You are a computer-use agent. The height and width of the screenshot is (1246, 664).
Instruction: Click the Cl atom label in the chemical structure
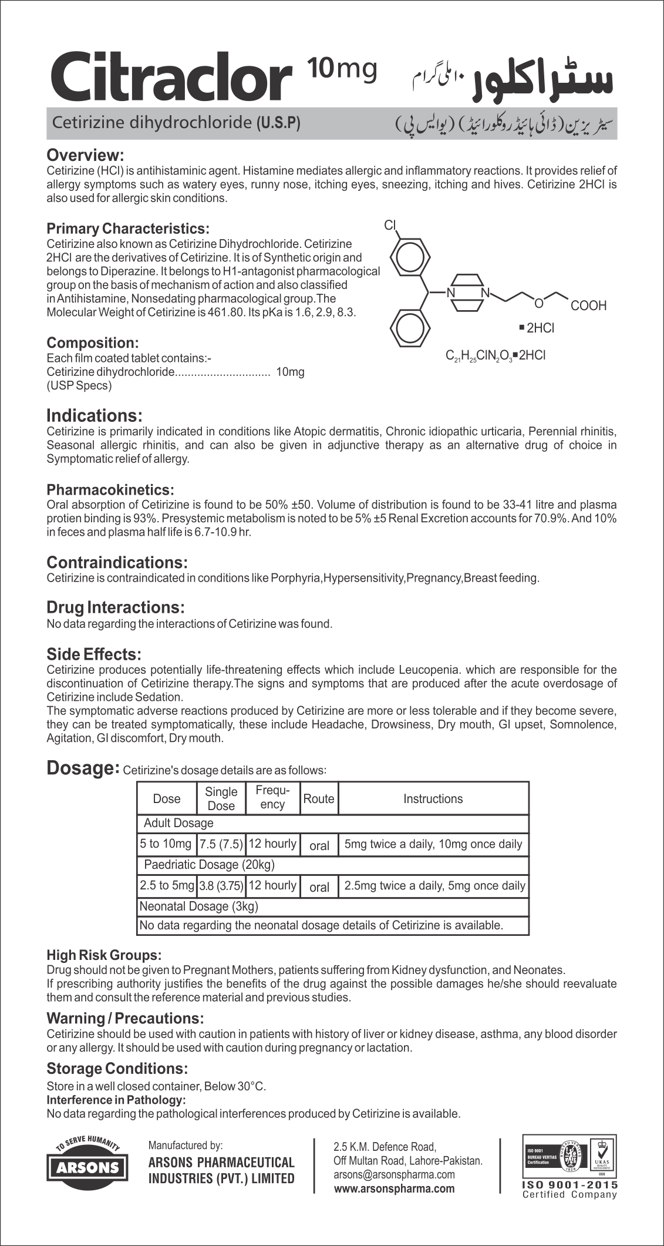click(x=391, y=224)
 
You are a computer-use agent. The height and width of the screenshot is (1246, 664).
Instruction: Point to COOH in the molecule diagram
click(x=588, y=306)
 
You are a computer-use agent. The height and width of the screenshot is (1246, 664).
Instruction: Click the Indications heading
click(x=94, y=416)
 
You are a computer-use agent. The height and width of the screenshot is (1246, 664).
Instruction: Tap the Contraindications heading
click(x=117, y=562)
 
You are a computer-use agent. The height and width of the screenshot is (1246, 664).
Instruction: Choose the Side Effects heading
click(x=94, y=654)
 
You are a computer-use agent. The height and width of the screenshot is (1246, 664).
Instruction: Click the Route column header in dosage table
click(x=318, y=798)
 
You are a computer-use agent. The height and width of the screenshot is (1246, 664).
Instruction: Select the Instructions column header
click(x=433, y=798)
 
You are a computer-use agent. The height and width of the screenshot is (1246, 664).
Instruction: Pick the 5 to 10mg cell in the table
click(x=166, y=844)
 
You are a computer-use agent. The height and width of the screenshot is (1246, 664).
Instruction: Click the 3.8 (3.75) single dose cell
click(x=221, y=886)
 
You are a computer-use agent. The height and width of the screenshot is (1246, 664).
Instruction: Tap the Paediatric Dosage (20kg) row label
click(x=209, y=865)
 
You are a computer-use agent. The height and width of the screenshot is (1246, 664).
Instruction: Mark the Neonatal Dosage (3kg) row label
click(x=198, y=906)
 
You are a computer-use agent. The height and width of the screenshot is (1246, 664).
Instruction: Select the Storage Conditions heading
click(x=117, y=1068)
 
